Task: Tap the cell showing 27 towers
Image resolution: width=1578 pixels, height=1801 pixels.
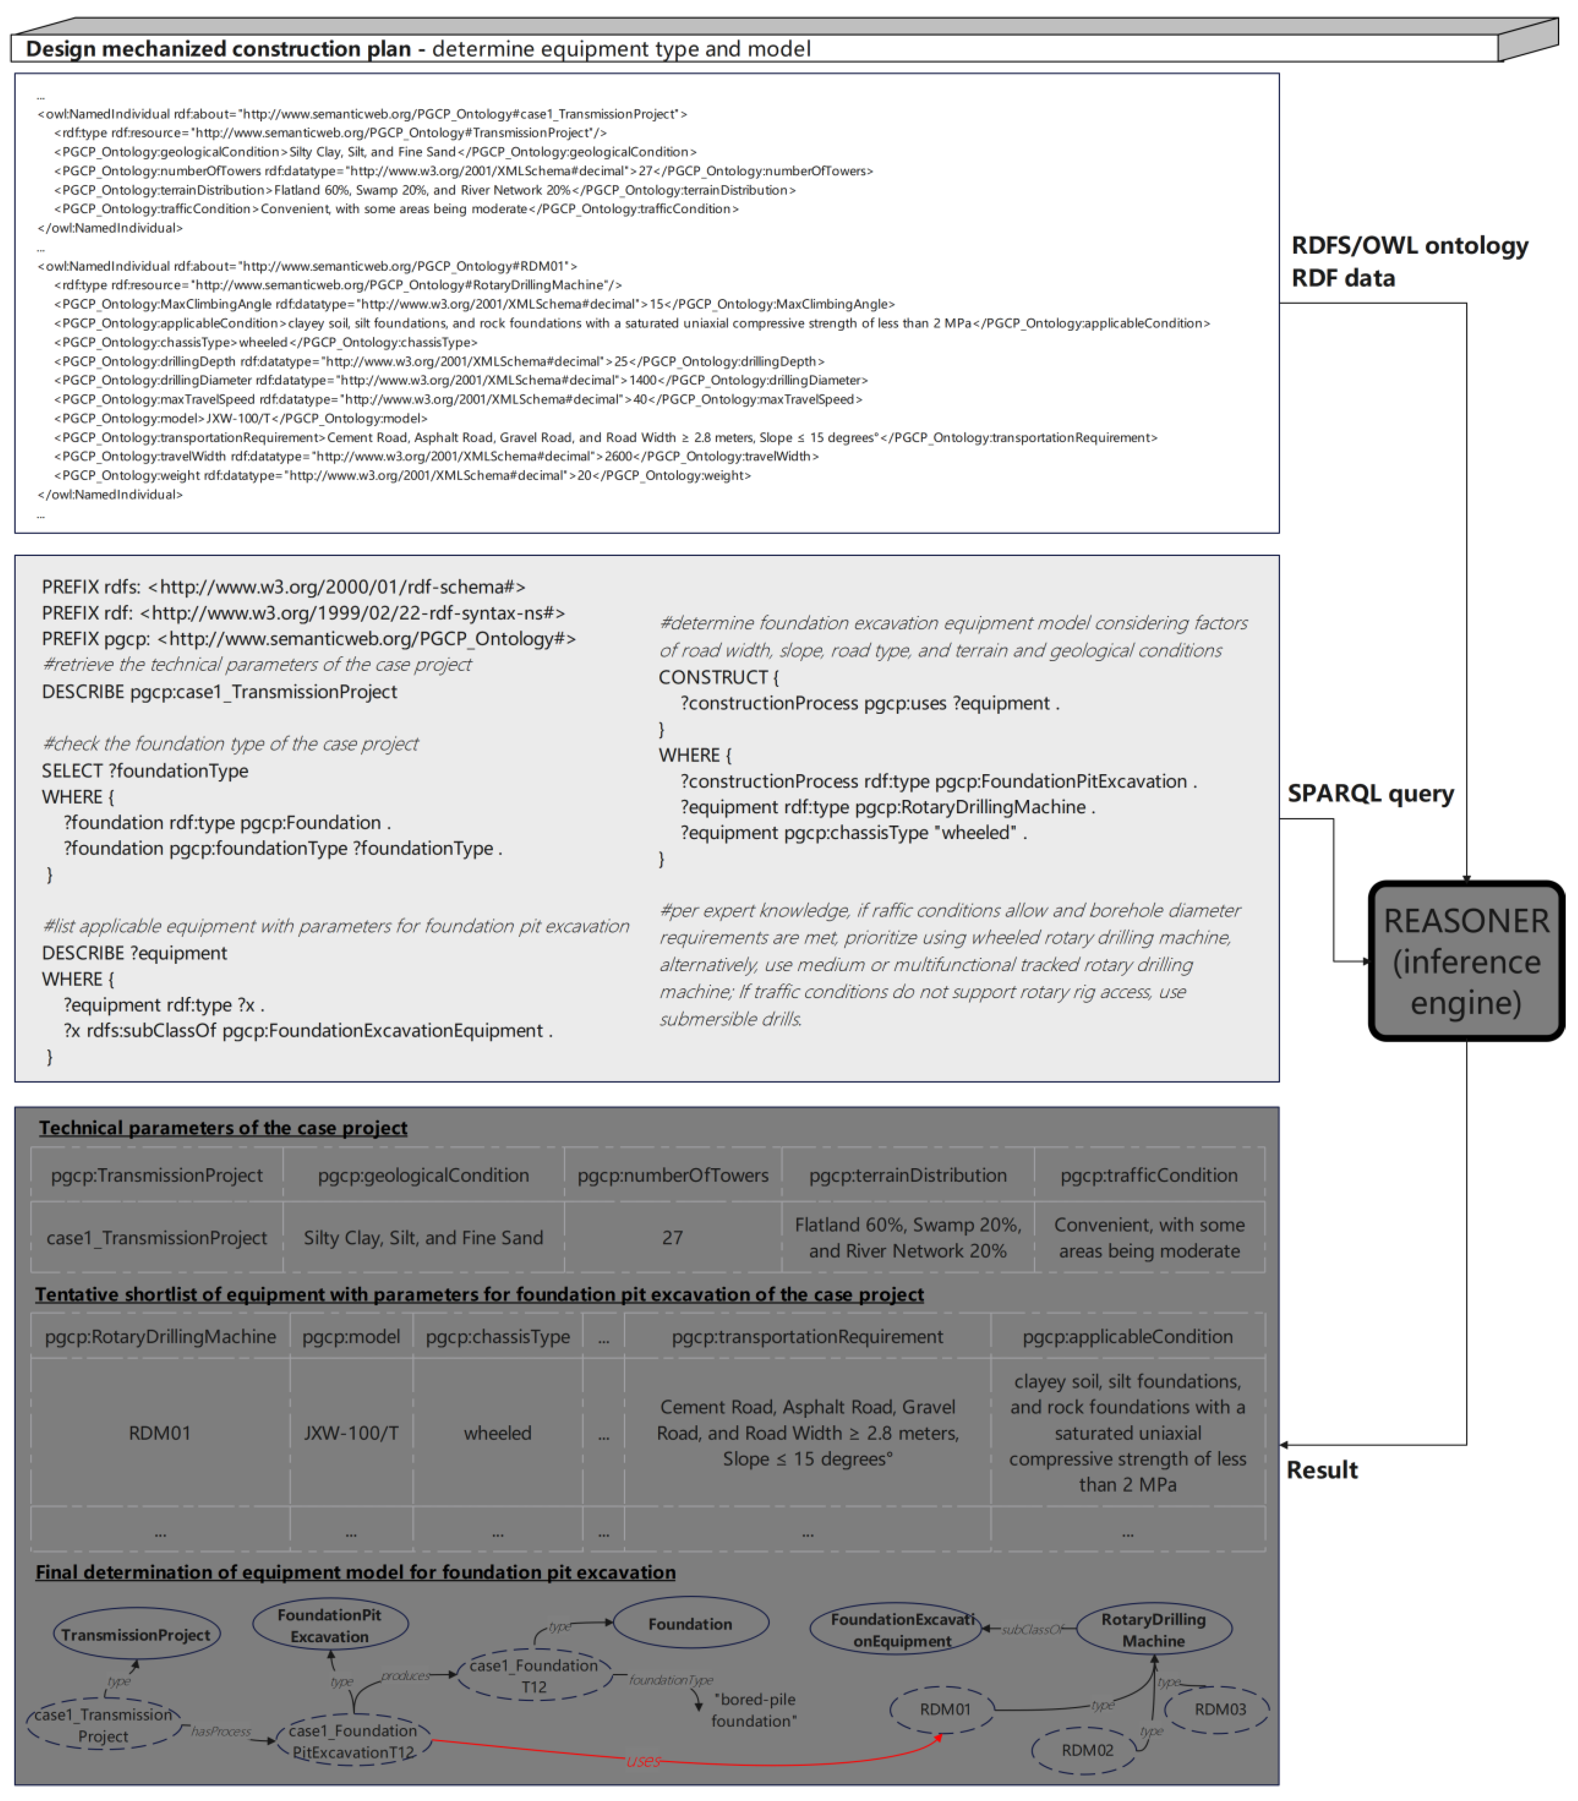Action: (672, 1237)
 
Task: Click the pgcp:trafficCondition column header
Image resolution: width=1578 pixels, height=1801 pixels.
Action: (1148, 1175)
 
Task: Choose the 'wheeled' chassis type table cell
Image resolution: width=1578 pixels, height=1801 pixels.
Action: (497, 1433)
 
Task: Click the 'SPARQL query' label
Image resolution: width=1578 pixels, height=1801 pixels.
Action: (1370, 794)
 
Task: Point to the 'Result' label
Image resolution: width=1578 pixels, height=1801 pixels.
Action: (1322, 1470)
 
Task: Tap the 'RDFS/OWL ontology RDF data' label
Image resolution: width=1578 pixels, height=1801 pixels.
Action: (1409, 262)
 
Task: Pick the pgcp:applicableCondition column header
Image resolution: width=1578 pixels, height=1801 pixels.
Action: (1127, 1336)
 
